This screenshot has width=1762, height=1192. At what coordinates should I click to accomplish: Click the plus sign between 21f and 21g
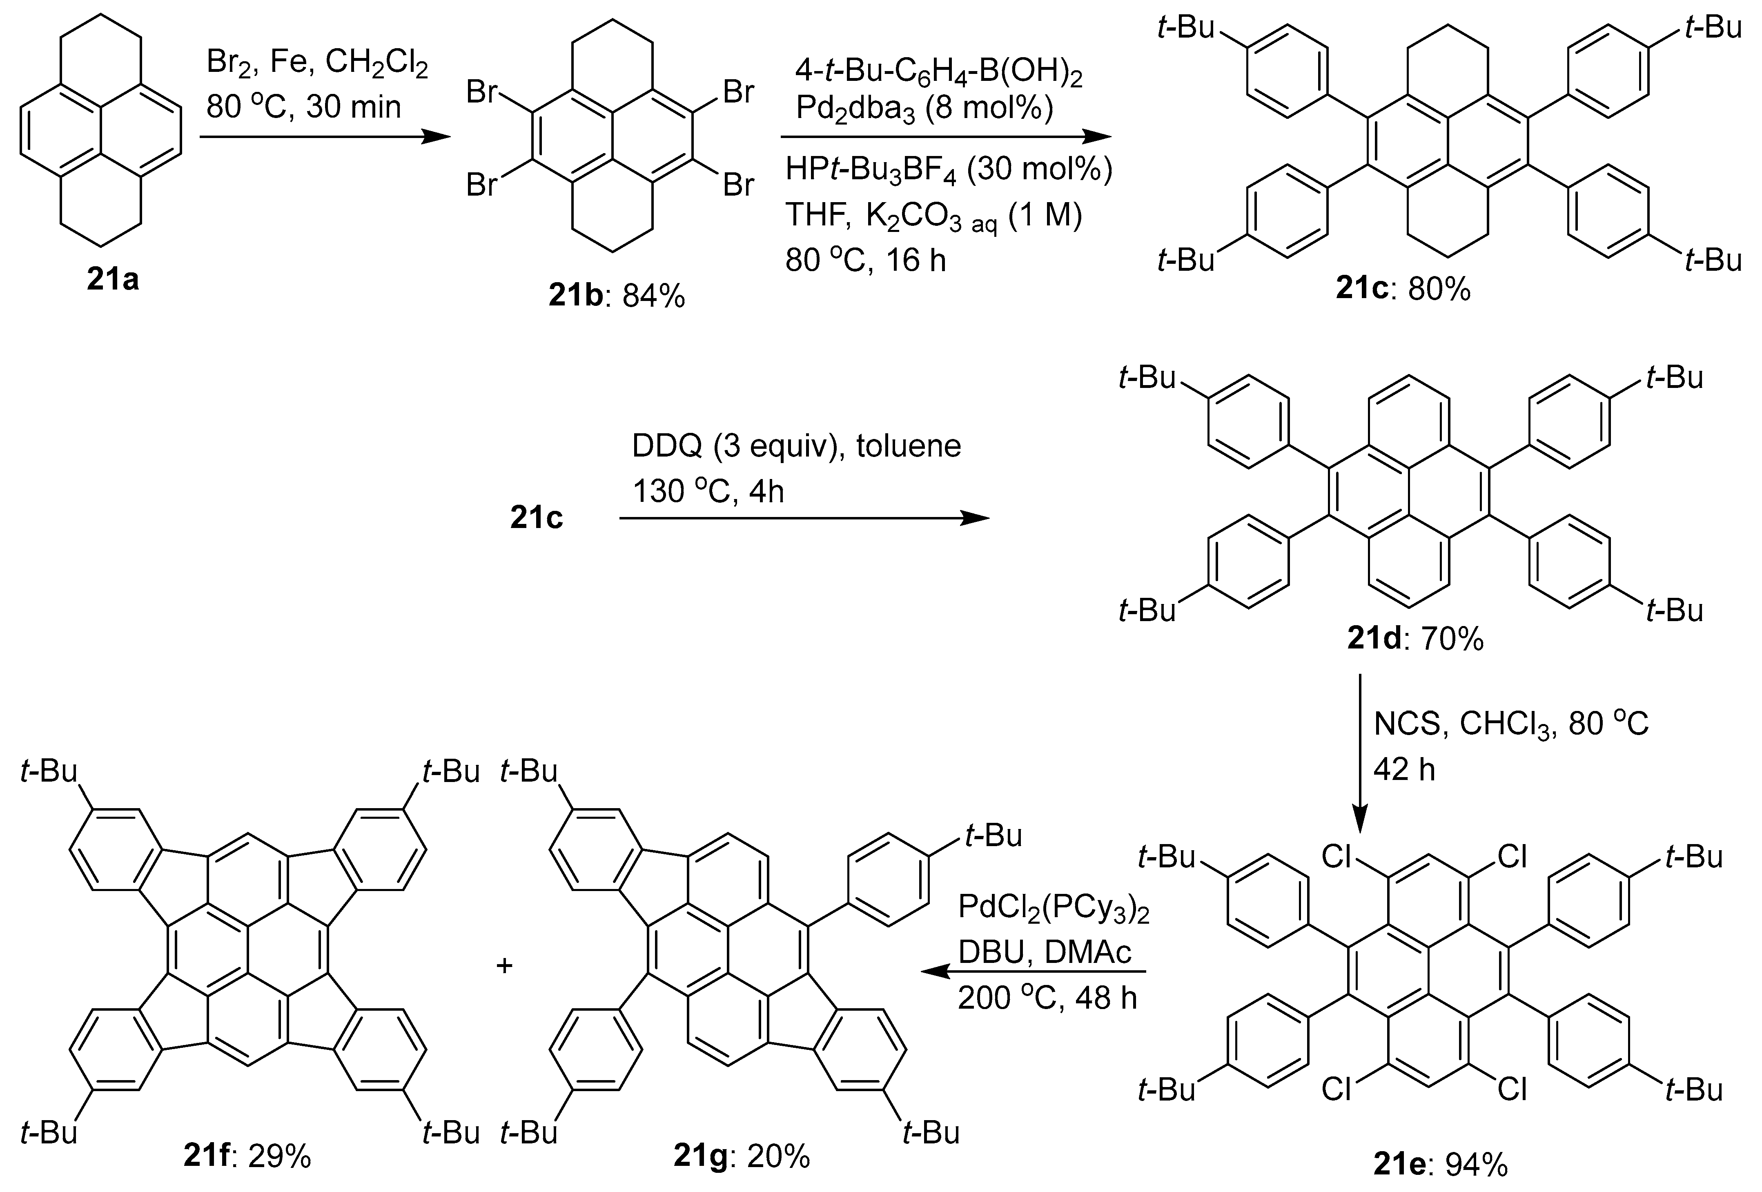[504, 965]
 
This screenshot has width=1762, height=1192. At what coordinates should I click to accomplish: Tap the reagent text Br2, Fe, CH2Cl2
[317, 66]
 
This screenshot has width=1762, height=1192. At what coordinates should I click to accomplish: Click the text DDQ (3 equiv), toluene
[797, 446]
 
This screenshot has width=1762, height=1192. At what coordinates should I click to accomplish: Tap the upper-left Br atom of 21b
[482, 93]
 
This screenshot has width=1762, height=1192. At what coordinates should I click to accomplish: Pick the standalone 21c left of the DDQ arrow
[536, 519]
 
